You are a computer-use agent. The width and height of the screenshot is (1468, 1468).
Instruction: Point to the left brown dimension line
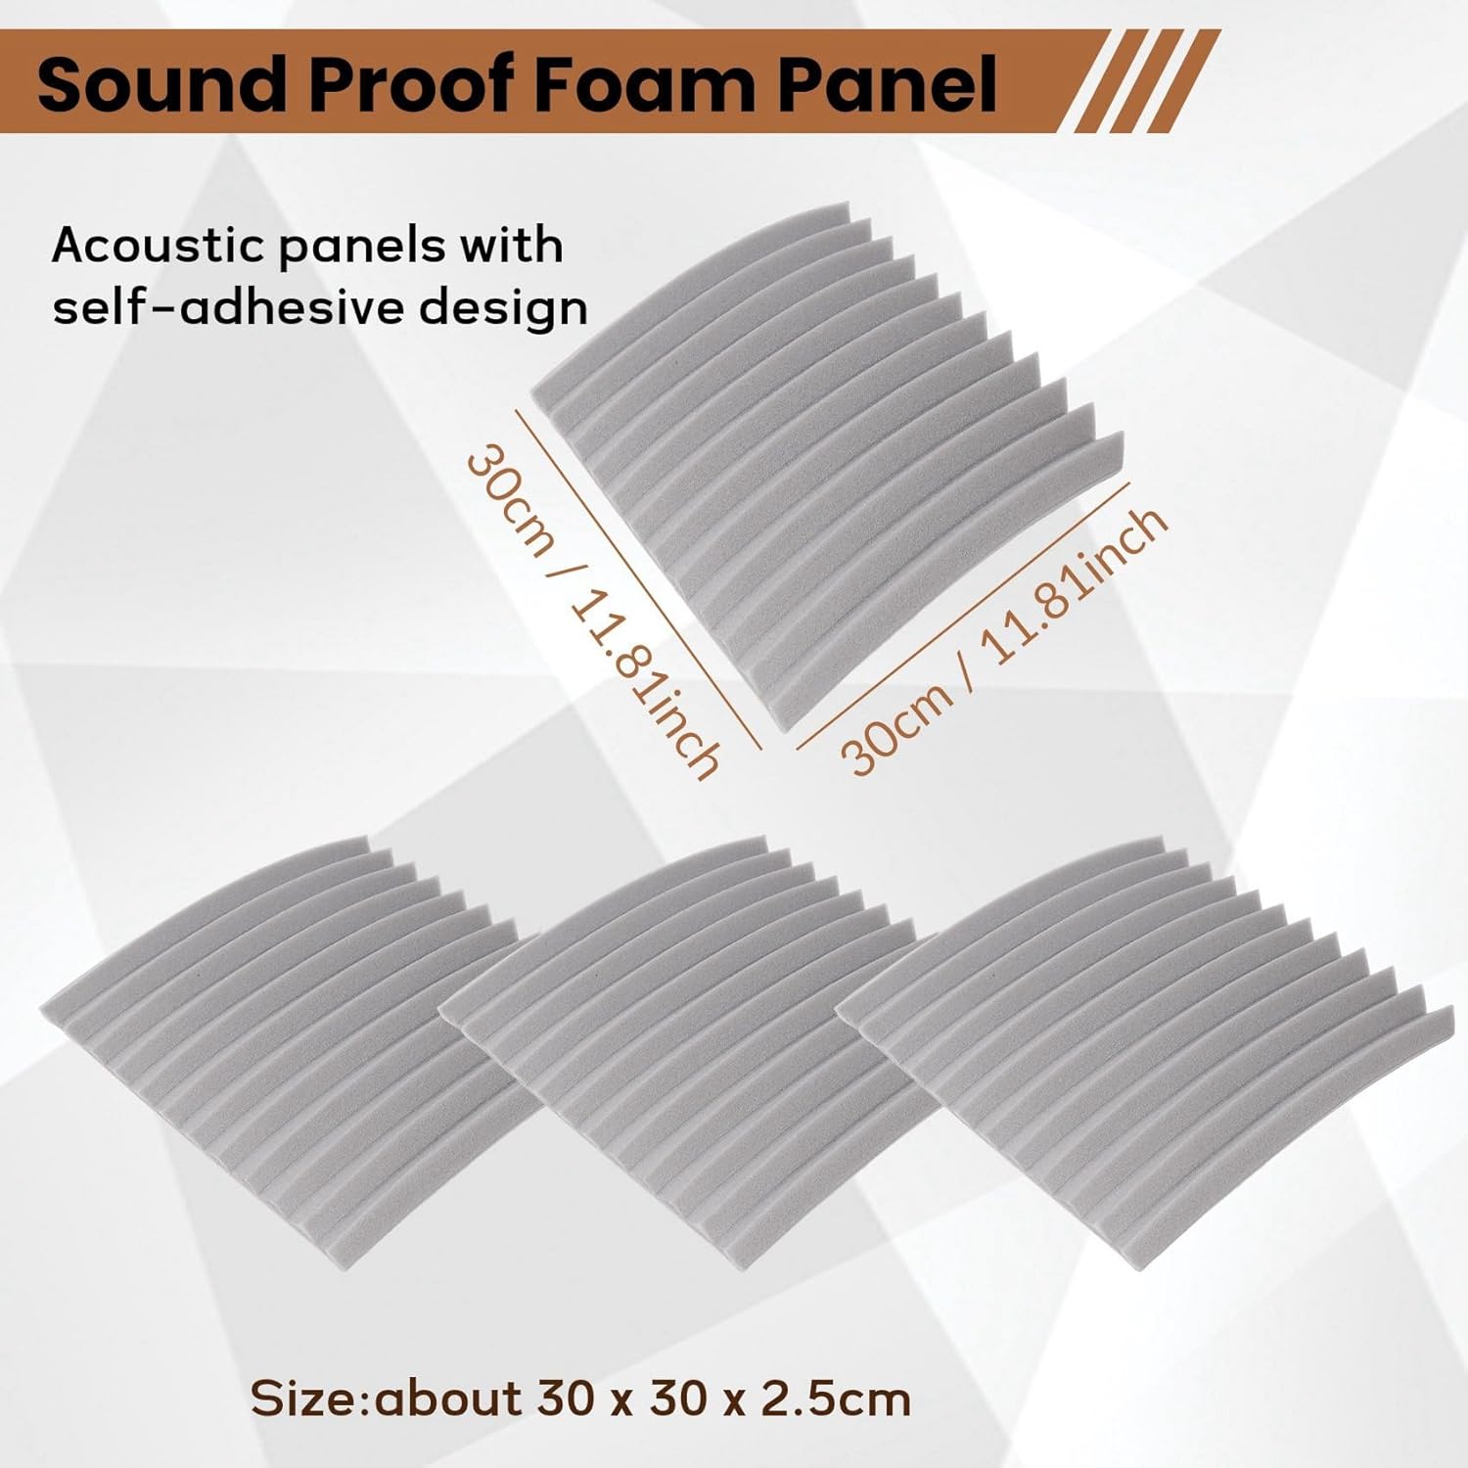[x=637, y=579]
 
